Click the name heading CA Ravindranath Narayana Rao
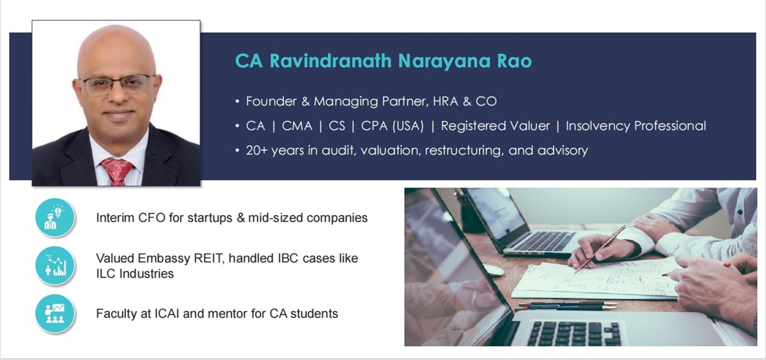(383, 61)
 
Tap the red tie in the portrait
(117, 171)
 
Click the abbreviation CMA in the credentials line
(297, 126)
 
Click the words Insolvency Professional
(635, 126)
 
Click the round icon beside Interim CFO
(55, 217)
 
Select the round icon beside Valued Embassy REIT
(55, 266)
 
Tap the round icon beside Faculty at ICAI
(55, 313)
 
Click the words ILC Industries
(135, 274)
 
